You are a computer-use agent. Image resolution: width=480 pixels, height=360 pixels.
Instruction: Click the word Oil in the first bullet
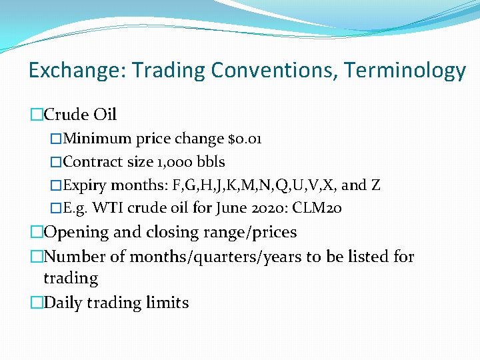105,115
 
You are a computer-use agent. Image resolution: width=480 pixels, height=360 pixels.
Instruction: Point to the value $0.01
245,139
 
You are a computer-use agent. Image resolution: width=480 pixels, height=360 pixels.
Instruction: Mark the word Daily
64,303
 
